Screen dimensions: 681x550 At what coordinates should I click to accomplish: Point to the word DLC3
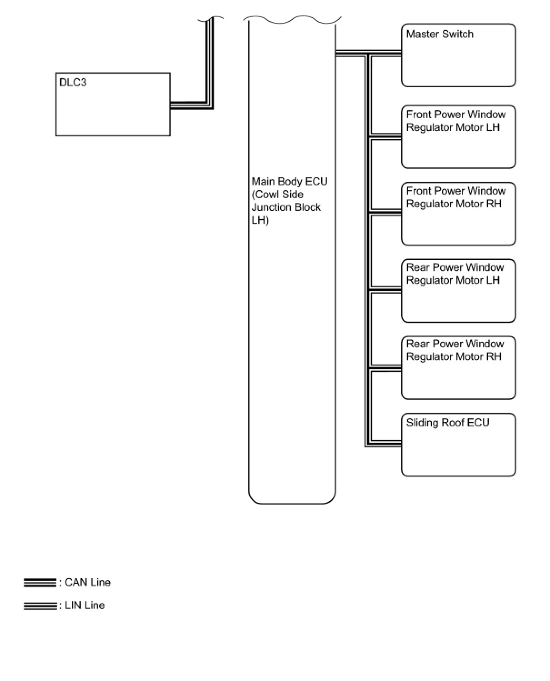coord(73,83)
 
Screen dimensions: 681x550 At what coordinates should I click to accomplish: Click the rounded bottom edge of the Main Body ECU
coord(292,503)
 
